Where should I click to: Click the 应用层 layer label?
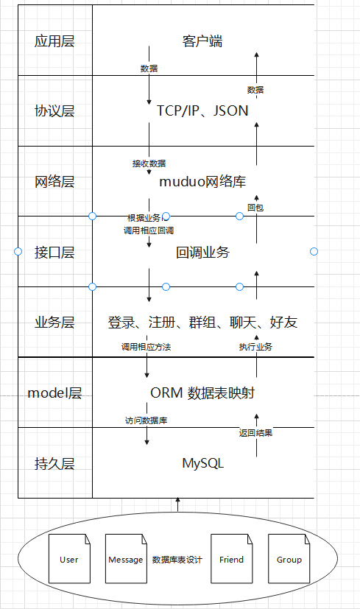pyautogui.click(x=54, y=41)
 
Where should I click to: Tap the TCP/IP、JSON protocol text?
pyautogui.click(x=202, y=110)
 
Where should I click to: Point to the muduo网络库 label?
pyautogui.click(x=202, y=181)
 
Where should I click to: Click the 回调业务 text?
pyautogui.click(x=202, y=252)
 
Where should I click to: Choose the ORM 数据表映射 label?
pyautogui.click(x=202, y=392)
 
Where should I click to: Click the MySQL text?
pyautogui.click(x=202, y=463)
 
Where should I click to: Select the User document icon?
pyautogui.click(x=69, y=560)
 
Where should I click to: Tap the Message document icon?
pyautogui.click(x=126, y=560)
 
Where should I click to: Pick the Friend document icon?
pyautogui.click(x=231, y=560)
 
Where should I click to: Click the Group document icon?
pyautogui.click(x=289, y=560)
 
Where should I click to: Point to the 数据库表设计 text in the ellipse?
pyautogui.click(x=177, y=560)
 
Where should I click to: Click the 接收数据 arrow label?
pyautogui.click(x=149, y=163)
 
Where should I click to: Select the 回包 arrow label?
pyautogui.click(x=255, y=208)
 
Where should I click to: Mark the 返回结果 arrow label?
pyautogui.click(x=255, y=432)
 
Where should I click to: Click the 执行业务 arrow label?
pyautogui.click(x=255, y=346)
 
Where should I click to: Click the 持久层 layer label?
pyautogui.click(x=54, y=463)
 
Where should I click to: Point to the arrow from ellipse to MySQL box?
pyautogui.click(x=177, y=504)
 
